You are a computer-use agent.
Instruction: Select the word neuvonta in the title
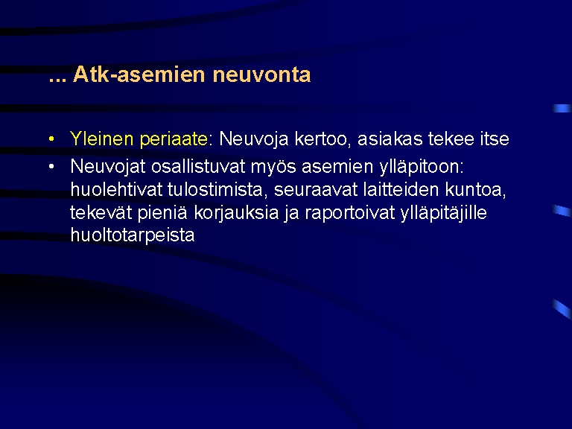(x=261, y=75)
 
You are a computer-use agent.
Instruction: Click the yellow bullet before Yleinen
(x=51, y=139)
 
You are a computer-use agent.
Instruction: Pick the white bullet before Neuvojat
(x=51, y=166)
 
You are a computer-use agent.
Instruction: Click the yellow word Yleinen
(x=101, y=139)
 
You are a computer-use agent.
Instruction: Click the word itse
(x=495, y=139)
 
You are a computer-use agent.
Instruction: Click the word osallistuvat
(x=198, y=167)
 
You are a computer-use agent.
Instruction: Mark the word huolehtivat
(x=116, y=190)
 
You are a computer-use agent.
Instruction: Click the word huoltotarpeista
(x=133, y=235)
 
